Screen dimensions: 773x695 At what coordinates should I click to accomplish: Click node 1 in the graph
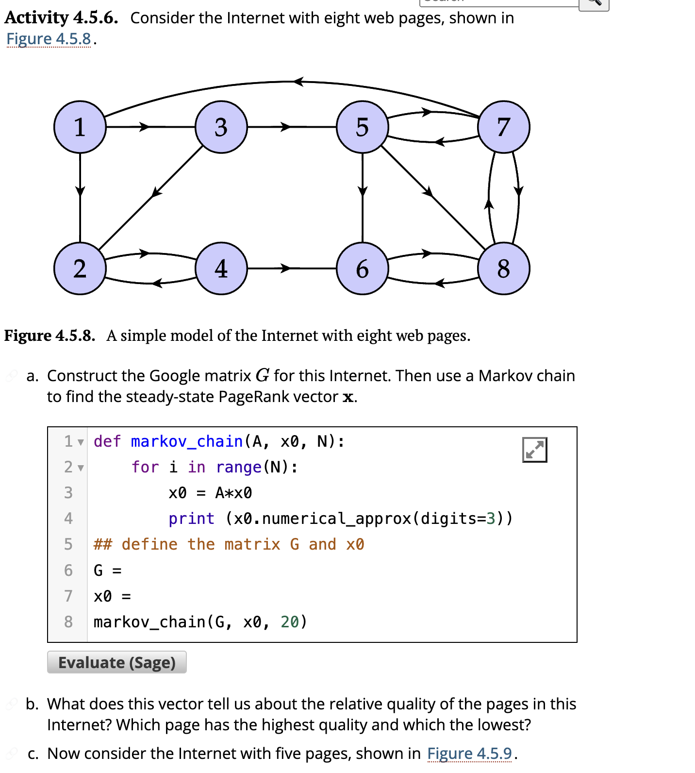(80, 127)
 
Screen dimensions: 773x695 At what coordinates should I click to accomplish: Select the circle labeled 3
(221, 127)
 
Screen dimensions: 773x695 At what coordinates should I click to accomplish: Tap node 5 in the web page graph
(363, 127)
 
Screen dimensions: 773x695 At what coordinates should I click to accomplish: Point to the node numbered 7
(504, 127)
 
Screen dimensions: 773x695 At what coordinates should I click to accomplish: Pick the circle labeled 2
(80, 269)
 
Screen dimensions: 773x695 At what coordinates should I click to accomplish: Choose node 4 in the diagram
(221, 269)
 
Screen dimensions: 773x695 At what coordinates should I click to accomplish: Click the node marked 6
(363, 269)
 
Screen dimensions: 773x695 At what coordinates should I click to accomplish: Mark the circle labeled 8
(504, 269)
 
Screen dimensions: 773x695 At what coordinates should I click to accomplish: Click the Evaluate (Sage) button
(117, 663)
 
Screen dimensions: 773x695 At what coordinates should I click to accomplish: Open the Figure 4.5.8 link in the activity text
(49, 39)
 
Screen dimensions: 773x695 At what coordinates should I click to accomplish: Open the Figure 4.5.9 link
(469, 754)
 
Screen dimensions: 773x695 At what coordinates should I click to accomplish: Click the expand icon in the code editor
(534, 450)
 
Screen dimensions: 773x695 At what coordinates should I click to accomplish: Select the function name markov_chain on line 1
(187, 441)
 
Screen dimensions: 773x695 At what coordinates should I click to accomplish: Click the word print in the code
(191, 519)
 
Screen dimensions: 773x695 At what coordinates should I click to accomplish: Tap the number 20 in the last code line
(290, 622)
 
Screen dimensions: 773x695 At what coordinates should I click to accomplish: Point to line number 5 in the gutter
(68, 544)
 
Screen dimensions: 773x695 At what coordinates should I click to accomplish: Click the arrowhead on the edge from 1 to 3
(144, 127)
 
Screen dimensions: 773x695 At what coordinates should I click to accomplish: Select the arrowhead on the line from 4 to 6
(285, 269)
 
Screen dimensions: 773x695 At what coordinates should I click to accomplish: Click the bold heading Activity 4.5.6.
(61, 18)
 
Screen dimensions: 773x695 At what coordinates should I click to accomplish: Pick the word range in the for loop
(239, 467)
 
